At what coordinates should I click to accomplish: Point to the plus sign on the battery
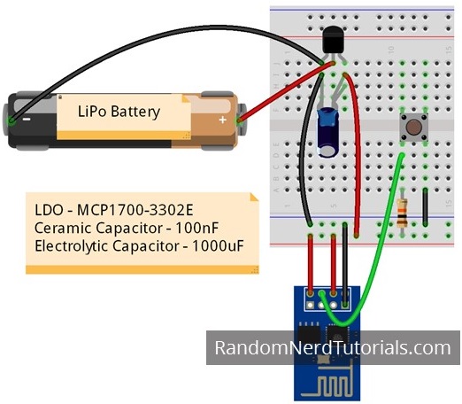(222, 119)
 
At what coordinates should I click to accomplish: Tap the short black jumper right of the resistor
(426, 208)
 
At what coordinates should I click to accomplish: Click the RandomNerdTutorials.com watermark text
(333, 348)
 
